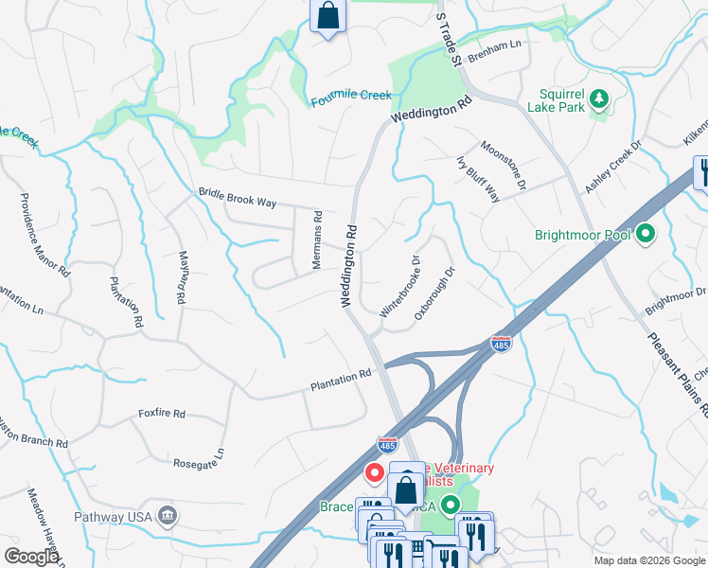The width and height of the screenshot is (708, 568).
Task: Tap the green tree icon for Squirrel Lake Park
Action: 598,98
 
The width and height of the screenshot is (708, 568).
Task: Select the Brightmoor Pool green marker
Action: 646,232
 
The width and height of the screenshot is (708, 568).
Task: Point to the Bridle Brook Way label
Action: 237,197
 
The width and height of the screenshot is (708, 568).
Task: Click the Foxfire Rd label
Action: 161,414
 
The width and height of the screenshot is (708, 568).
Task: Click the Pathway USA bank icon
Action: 168,514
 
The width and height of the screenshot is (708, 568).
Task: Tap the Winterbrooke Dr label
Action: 398,285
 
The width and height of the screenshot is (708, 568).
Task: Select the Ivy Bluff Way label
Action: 478,178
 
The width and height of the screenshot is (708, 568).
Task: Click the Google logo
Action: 30,557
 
